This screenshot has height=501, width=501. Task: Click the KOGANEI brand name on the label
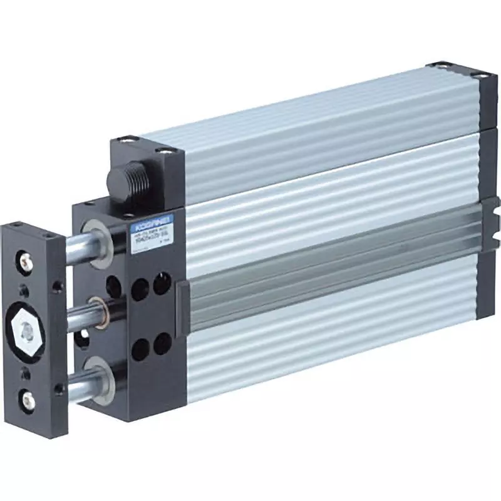tap(143, 222)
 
